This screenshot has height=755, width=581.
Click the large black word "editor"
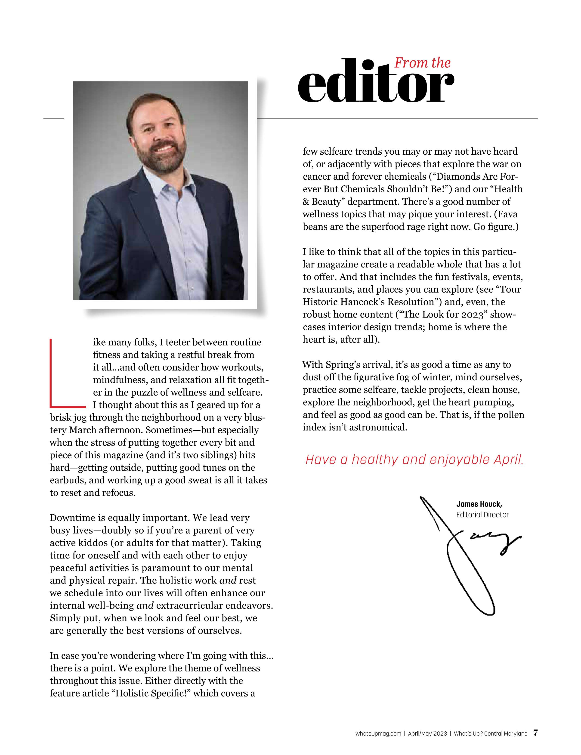[375, 83]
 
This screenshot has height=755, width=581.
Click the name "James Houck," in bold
[479, 504]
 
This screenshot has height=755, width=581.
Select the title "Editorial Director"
[482, 515]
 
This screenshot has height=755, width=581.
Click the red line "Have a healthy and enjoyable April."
[414, 459]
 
